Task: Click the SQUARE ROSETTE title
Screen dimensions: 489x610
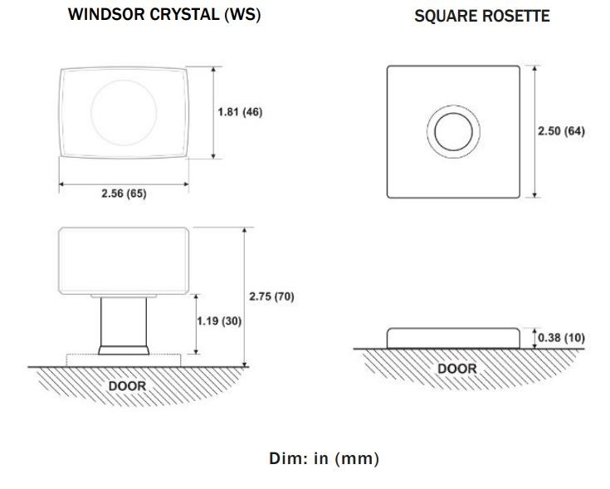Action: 481,16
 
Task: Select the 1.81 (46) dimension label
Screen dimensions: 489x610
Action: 240,112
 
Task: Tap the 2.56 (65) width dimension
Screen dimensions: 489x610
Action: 124,193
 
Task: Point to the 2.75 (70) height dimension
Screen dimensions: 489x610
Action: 271,296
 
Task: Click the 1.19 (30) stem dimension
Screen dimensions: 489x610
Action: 219,320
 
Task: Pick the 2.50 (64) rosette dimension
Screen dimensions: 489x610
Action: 562,131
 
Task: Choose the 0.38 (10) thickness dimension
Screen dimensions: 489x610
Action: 561,337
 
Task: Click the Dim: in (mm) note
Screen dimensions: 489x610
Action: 324,458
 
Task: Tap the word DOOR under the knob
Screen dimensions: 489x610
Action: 127,386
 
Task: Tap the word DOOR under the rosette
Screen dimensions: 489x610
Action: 457,369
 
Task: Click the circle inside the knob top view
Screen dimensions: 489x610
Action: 123,113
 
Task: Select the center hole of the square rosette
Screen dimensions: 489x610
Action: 454,132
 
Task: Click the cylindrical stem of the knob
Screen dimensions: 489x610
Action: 124,320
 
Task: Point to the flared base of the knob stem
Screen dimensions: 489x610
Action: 124,350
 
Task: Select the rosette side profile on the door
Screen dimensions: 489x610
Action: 455,337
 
